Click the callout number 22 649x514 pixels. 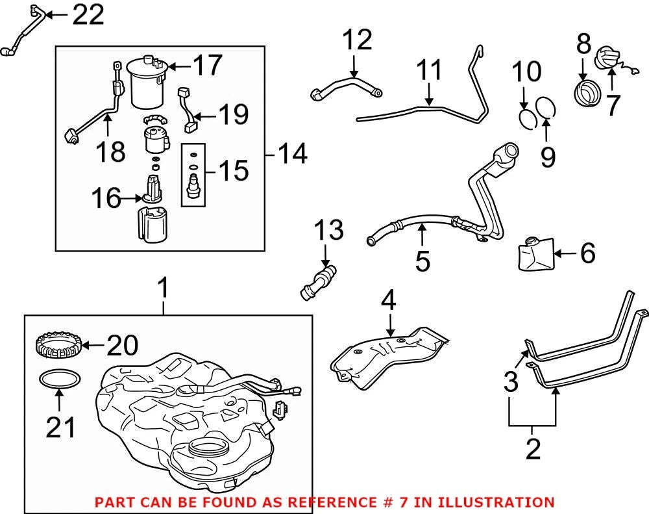coord(88,16)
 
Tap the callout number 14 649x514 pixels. coord(292,154)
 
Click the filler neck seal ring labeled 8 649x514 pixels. coord(585,92)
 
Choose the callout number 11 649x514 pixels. coord(429,70)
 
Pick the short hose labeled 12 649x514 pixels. coord(346,88)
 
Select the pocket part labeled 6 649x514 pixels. coord(536,253)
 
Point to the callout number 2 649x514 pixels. coord(533,449)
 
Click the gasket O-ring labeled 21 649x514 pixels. coord(60,379)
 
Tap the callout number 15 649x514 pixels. coord(234,170)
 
